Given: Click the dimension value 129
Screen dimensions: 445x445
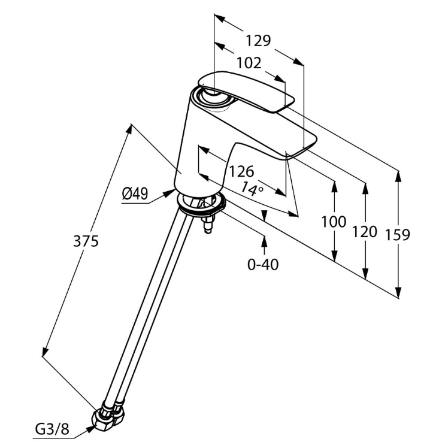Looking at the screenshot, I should (x=258, y=41).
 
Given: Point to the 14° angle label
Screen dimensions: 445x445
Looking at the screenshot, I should (x=252, y=190).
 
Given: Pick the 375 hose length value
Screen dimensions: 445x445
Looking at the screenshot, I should (x=85, y=241).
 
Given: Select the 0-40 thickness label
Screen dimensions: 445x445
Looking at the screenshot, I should (x=264, y=264).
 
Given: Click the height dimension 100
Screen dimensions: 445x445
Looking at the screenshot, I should (x=334, y=222).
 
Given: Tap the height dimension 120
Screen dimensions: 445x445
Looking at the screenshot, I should (x=365, y=231).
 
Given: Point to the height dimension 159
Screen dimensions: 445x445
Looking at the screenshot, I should (x=397, y=234).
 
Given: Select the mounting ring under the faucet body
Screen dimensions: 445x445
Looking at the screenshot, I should (x=201, y=205).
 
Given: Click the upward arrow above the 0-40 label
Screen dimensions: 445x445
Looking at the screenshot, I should (x=264, y=240).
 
